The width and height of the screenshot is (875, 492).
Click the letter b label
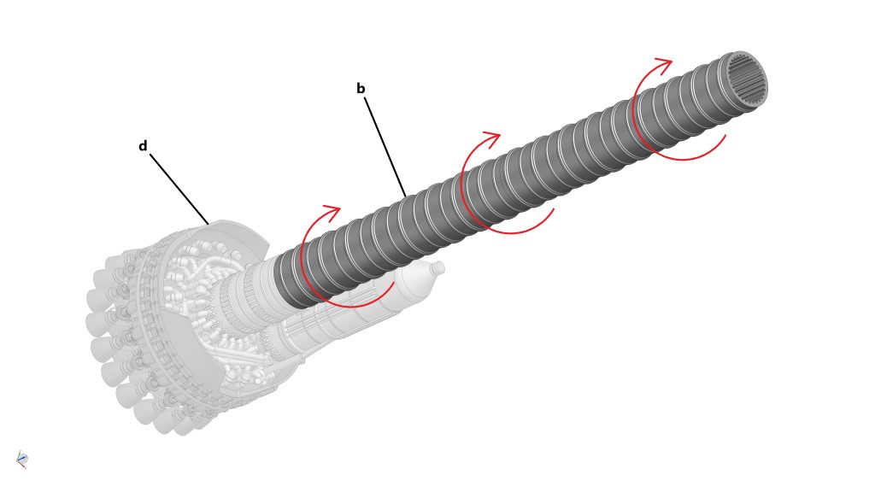point(361,89)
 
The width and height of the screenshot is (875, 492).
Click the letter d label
point(143,146)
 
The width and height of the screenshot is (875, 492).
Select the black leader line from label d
point(179,189)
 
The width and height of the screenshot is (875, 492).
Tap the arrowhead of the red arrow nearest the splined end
point(664,65)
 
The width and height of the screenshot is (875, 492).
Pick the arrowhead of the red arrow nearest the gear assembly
point(332,213)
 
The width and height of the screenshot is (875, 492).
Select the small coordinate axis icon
point(21,460)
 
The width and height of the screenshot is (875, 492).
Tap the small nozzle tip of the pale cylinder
point(438,268)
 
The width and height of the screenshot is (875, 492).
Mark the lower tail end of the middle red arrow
point(553,210)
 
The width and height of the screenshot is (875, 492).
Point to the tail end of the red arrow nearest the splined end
point(725,136)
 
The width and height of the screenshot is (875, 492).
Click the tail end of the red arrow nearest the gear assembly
point(394,283)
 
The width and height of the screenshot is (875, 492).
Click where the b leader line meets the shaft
point(406,196)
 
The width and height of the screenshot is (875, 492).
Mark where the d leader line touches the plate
point(208,225)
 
